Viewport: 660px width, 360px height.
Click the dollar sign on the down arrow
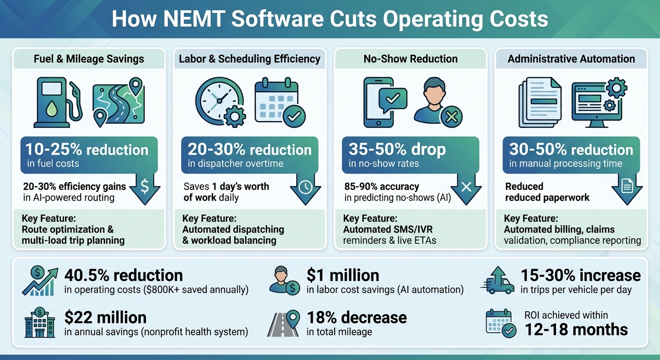click(145, 187)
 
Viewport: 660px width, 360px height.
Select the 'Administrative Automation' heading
click(571, 59)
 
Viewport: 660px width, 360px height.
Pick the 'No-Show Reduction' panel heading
click(411, 59)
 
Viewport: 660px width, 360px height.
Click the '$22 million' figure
click(105, 317)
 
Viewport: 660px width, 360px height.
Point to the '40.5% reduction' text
click(123, 275)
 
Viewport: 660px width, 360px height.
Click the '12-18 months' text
click(576, 329)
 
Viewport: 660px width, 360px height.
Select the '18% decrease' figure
click(357, 317)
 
